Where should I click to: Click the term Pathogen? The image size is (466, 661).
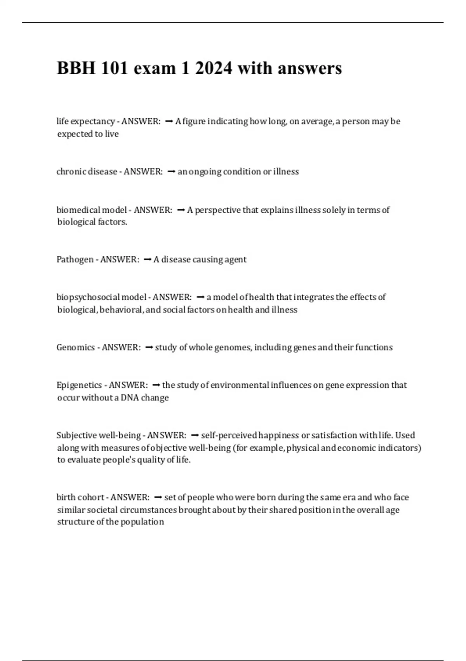(75, 259)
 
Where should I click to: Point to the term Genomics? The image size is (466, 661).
(76, 347)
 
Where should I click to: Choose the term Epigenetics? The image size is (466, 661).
(79, 385)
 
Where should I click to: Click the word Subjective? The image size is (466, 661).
(77, 435)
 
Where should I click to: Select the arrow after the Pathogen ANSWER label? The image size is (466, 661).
(147, 259)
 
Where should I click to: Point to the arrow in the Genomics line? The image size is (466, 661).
(149, 347)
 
